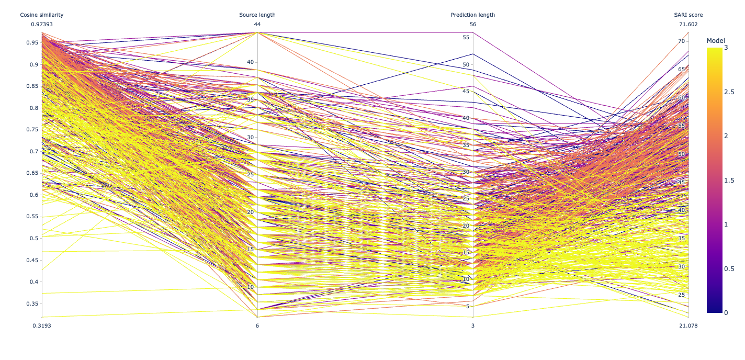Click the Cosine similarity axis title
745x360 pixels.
click(42, 15)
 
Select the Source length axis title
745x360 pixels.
click(257, 15)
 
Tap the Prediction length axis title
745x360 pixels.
click(473, 15)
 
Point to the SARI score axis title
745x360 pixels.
click(688, 15)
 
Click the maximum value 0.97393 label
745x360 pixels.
click(42, 24)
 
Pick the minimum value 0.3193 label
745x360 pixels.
click(42, 325)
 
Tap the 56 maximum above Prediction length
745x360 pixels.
click(473, 24)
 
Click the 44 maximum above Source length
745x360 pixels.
click(257, 24)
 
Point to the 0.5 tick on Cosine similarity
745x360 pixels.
click(33, 238)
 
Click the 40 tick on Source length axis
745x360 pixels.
click(250, 62)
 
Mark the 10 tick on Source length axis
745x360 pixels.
click(250, 287)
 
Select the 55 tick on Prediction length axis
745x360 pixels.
click(466, 38)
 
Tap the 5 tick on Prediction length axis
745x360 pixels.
click(467, 306)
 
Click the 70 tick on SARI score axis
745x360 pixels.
click(681, 41)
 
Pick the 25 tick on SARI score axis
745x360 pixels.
click(681, 295)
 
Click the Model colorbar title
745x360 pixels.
click(716, 41)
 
